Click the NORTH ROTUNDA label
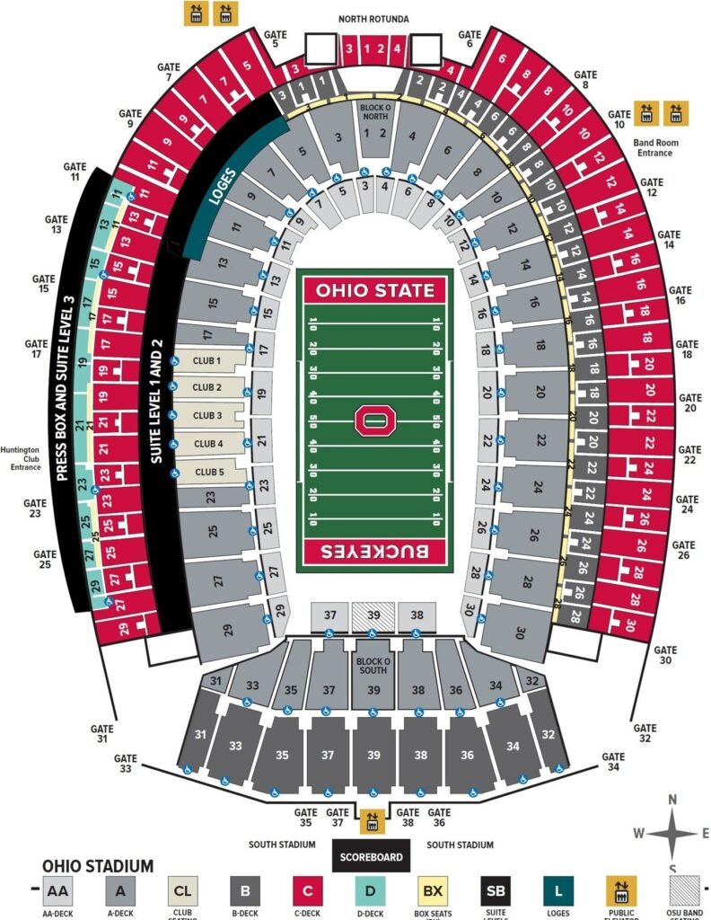point(373,19)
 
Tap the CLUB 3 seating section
point(207,415)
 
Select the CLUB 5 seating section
point(209,471)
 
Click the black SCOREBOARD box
point(371,856)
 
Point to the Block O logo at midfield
point(373,420)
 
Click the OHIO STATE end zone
point(374,290)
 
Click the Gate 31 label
point(102,733)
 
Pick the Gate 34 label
point(612,762)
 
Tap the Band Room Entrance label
point(654,147)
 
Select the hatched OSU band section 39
point(373,615)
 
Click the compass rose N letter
point(672,799)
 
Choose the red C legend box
point(309,891)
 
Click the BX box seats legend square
point(433,891)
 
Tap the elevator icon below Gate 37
point(372,820)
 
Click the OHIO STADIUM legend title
point(98,866)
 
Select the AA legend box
point(57,891)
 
